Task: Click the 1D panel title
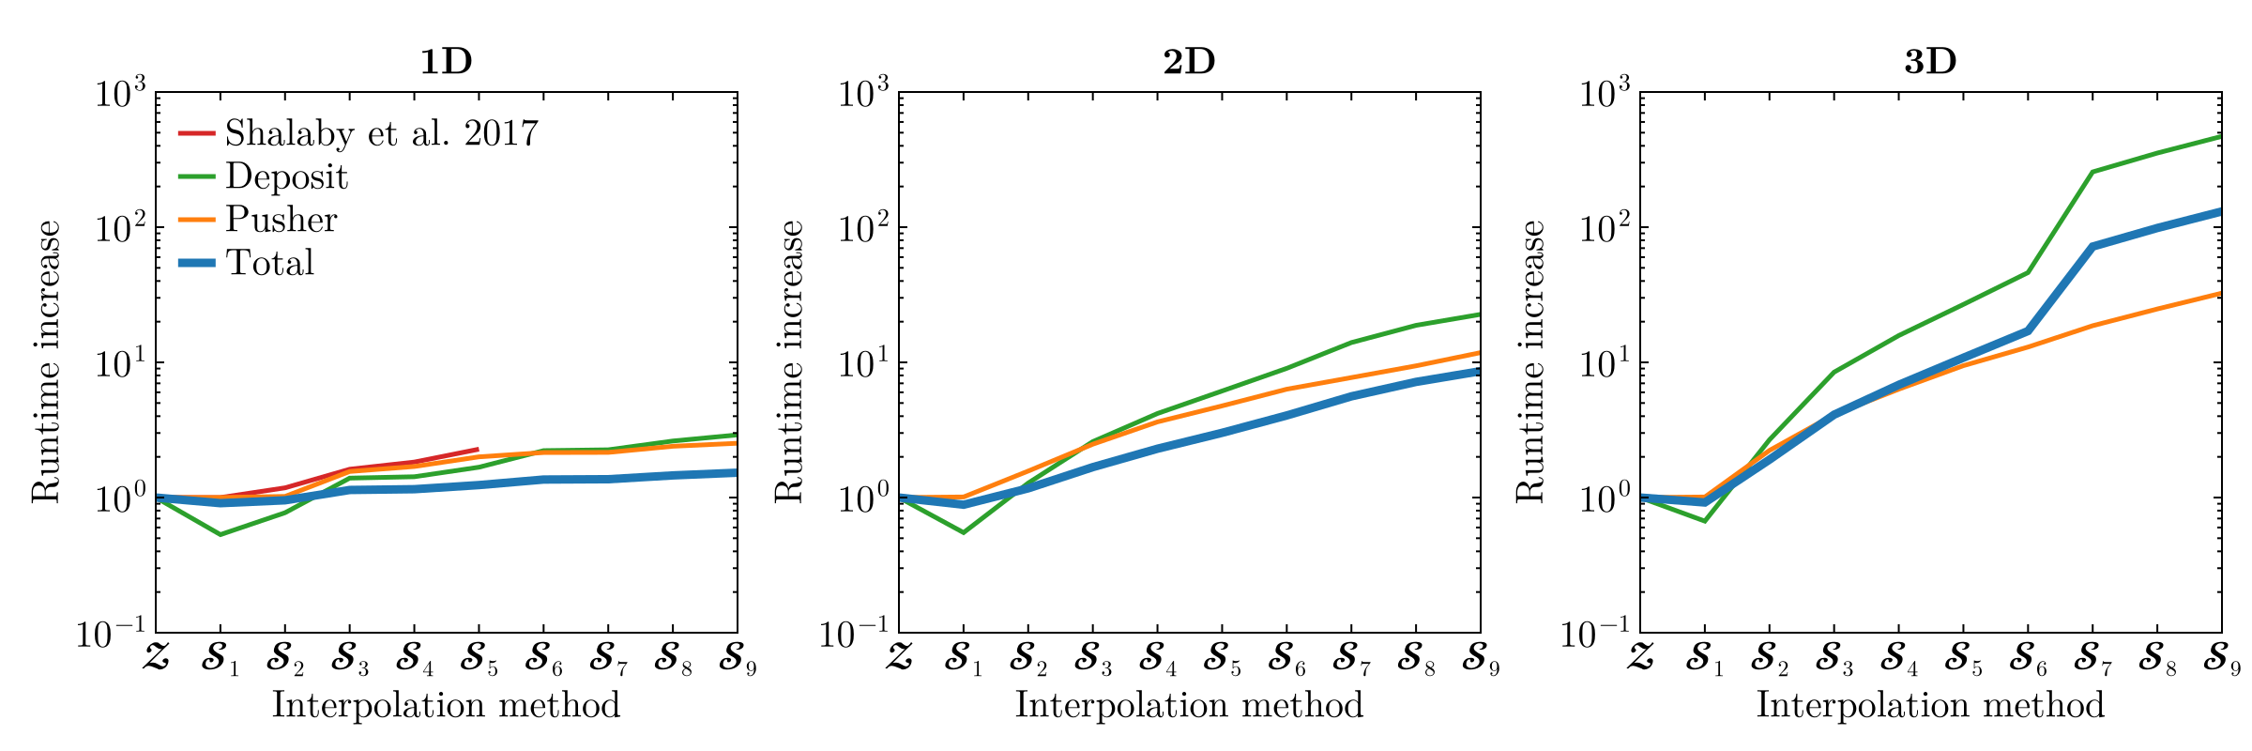click(446, 62)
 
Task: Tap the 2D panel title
click(1189, 62)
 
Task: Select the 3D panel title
click(1930, 62)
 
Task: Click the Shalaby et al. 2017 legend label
click(382, 134)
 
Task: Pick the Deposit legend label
click(286, 177)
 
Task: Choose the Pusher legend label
click(281, 220)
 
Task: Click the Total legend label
click(269, 263)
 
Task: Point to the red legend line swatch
click(197, 133)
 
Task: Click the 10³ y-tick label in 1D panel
click(120, 94)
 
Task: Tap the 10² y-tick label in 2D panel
click(863, 228)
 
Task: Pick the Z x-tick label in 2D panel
click(898, 656)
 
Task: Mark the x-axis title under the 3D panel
click(1930, 705)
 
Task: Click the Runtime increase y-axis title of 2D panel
click(789, 361)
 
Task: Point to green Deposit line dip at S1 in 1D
click(221, 534)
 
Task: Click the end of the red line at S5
click(478, 450)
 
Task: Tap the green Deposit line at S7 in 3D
click(2092, 172)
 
